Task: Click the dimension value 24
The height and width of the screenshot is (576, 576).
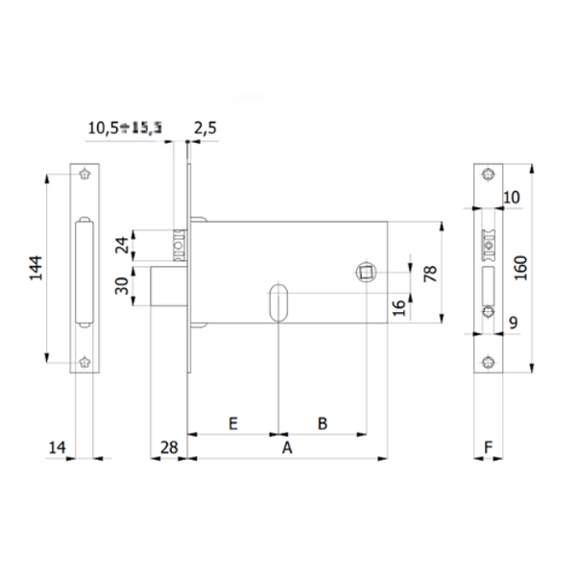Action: (x=121, y=244)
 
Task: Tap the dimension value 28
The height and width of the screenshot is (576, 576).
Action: (x=168, y=446)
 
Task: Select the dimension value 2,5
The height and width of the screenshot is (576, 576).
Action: (x=205, y=127)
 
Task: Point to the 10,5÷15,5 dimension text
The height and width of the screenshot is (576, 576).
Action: (x=124, y=127)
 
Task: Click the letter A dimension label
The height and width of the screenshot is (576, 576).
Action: (x=284, y=447)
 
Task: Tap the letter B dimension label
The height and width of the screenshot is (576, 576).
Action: (x=323, y=422)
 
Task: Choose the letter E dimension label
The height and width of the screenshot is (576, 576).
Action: (x=232, y=422)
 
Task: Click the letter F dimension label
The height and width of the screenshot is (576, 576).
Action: (x=489, y=446)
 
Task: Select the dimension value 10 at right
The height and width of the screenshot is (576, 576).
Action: (x=511, y=197)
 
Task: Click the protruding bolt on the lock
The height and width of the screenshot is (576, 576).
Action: (x=168, y=287)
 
